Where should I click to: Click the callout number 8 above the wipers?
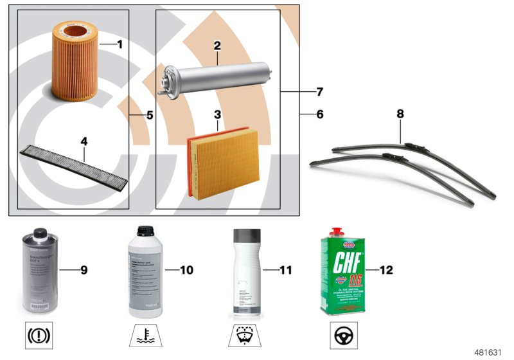[x=400, y=114]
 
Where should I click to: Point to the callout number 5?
[x=149, y=116]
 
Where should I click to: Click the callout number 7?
[x=319, y=92]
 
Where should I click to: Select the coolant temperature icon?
[x=145, y=336]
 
